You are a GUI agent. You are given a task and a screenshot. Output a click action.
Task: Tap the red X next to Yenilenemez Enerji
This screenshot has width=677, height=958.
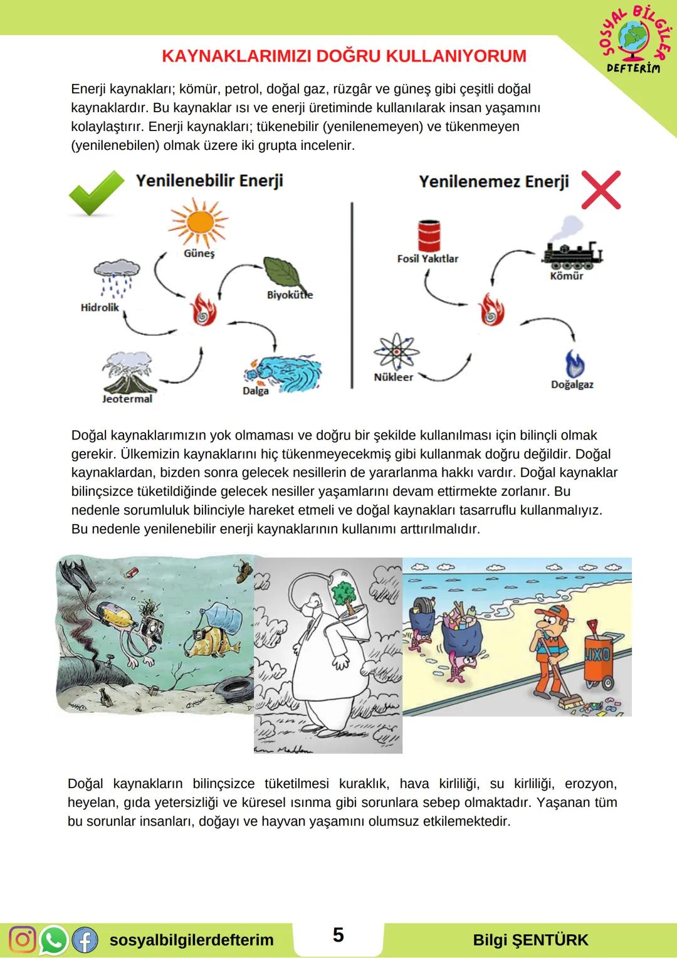pyautogui.click(x=601, y=189)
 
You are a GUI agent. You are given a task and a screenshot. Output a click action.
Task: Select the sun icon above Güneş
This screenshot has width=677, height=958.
pyautogui.click(x=199, y=223)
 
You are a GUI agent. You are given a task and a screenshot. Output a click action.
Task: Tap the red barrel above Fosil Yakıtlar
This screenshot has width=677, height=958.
pyautogui.click(x=428, y=236)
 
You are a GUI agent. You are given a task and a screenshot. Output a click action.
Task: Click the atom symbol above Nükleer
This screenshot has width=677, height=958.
pyautogui.click(x=396, y=352)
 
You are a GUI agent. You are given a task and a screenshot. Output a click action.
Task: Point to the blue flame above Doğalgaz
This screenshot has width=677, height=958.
pyautogui.click(x=574, y=364)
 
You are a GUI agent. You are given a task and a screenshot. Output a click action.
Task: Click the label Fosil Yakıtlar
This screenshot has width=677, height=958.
pyautogui.click(x=428, y=259)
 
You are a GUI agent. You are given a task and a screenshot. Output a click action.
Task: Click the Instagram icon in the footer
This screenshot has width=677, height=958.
pyautogui.click(x=23, y=939)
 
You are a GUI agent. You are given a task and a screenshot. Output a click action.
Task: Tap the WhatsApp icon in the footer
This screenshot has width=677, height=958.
pyautogui.click(x=54, y=939)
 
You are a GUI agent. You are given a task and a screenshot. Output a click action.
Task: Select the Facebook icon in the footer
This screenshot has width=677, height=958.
pyautogui.click(x=85, y=939)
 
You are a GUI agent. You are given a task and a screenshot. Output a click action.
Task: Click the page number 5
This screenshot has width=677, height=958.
pyautogui.click(x=338, y=935)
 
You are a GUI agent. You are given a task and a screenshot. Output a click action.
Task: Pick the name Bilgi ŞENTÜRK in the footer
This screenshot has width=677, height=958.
pyautogui.click(x=530, y=940)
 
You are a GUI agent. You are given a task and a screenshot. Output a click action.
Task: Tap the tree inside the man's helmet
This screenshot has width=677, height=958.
pyautogui.click(x=344, y=592)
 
